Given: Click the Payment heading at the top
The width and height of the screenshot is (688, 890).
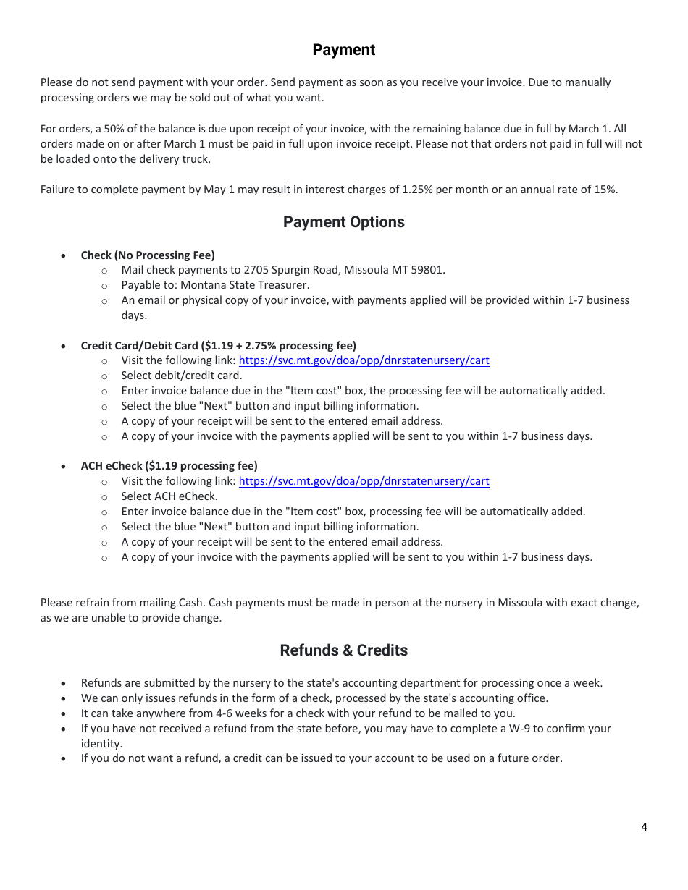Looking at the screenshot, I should [343, 50].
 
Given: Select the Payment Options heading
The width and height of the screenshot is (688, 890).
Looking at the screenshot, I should [343, 222].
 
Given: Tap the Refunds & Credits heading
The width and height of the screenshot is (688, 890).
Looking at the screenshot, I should [343, 650].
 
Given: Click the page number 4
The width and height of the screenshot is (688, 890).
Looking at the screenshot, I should [644, 827].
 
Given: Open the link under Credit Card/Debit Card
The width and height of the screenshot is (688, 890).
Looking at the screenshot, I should [364, 360].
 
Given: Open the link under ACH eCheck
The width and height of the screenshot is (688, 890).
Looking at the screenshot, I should [364, 481].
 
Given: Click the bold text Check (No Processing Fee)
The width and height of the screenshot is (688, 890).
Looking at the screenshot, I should [148, 255].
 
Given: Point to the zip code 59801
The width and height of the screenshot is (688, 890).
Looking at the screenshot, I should [428, 270].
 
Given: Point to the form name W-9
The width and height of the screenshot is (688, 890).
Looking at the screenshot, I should [524, 729].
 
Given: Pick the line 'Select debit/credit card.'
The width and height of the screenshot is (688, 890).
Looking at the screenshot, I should [182, 376].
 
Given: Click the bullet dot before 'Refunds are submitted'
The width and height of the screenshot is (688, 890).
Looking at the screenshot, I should [65, 683].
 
